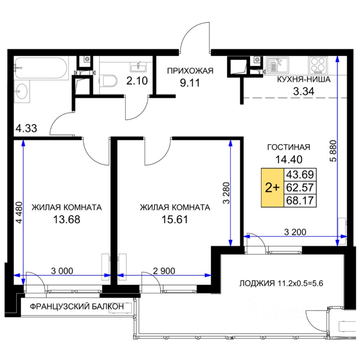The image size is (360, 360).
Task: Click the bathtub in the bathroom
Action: click(41, 68)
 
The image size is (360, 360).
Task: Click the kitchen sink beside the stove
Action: click(277, 65)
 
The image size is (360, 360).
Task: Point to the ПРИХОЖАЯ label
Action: click(190, 71)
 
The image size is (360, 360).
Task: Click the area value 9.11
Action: click(190, 83)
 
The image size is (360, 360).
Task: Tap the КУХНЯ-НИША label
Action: click(303, 79)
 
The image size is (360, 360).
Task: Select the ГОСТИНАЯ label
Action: click(289, 147)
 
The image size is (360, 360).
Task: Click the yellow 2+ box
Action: click(273, 187)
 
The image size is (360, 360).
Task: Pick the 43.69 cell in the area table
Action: click(300, 175)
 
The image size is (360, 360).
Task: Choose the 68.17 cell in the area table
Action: click(300, 200)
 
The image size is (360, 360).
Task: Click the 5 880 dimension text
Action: click(333, 151)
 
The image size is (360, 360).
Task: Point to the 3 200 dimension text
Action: click(295, 232)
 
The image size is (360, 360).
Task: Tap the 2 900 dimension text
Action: click(164, 271)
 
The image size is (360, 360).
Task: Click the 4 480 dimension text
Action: click(19, 212)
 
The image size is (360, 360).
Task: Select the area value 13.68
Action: click(67, 219)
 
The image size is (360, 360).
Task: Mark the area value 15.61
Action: click(175, 219)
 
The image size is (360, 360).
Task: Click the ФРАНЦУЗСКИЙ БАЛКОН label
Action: click(77, 306)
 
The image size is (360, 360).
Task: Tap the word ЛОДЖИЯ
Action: click(257, 283)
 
